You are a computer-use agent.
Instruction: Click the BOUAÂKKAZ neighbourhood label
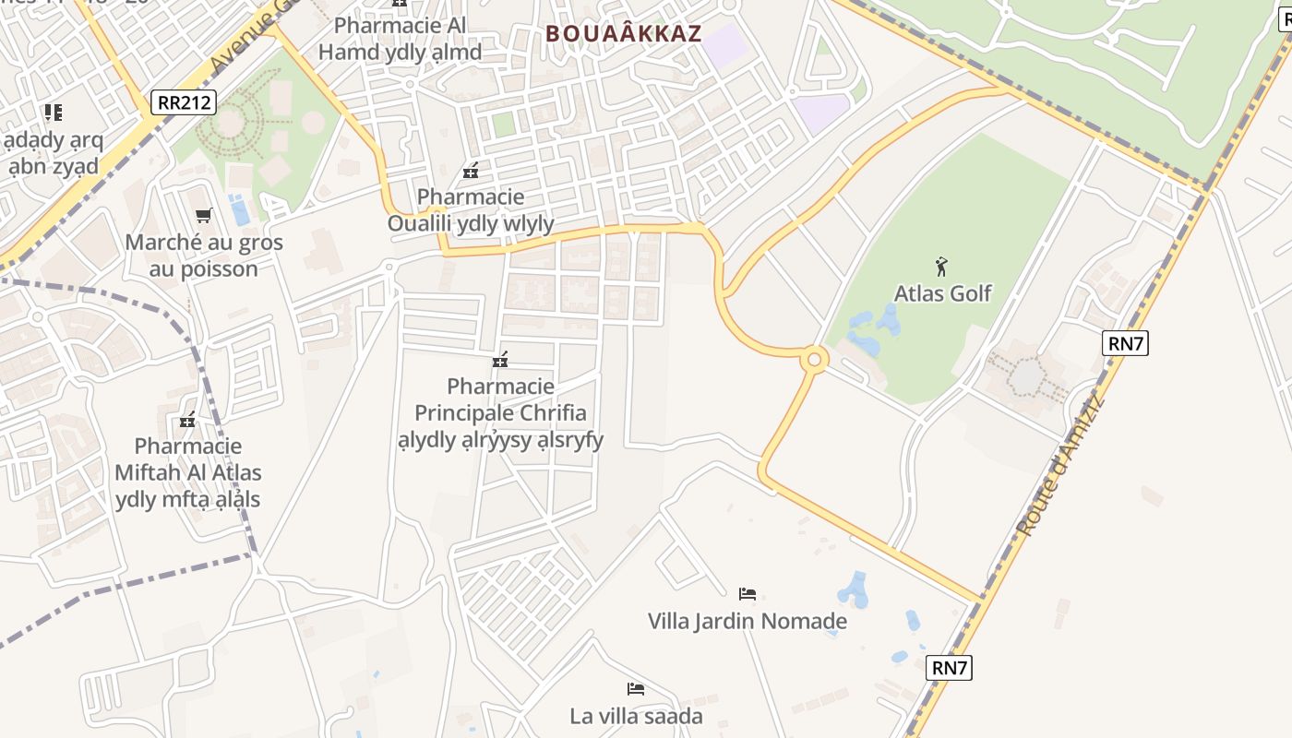click(x=624, y=34)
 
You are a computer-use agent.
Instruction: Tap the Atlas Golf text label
click(x=942, y=293)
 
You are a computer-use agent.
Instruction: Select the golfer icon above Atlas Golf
click(x=941, y=267)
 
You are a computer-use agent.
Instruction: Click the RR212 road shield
click(x=185, y=101)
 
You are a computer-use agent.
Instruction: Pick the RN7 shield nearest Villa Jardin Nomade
click(x=950, y=667)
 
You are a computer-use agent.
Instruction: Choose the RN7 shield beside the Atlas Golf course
click(x=1126, y=344)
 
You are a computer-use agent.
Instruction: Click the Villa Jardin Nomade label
click(x=748, y=621)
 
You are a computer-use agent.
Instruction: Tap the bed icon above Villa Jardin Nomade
click(x=748, y=593)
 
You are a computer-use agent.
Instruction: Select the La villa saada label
click(x=636, y=716)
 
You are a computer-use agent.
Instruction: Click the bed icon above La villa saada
click(x=635, y=688)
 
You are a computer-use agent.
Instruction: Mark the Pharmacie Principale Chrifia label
click(x=500, y=412)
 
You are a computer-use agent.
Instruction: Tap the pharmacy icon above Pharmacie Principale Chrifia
click(x=500, y=359)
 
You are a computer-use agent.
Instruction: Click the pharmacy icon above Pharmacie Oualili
click(x=471, y=170)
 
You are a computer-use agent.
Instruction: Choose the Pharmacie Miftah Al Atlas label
click(x=188, y=473)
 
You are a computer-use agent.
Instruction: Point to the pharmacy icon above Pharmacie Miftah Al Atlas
click(x=188, y=420)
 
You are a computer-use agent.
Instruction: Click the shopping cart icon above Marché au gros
click(x=203, y=215)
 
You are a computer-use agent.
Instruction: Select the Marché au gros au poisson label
click(x=204, y=256)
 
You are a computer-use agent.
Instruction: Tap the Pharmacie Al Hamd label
click(x=400, y=39)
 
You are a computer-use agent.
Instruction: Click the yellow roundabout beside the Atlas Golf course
click(x=813, y=360)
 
